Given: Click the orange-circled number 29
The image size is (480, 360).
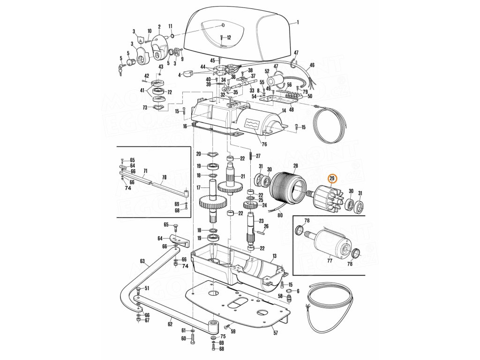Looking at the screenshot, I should click(x=332, y=178).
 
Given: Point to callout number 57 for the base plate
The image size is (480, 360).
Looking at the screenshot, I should click(x=276, y=333).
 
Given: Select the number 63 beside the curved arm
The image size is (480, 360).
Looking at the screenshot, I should click(x=142, y=261).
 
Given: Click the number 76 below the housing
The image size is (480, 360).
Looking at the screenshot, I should click(x=264, y=144).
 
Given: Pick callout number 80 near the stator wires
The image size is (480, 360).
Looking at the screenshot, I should click(x=280, y=216).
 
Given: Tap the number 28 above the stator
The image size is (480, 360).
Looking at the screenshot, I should click(x=296, y=165).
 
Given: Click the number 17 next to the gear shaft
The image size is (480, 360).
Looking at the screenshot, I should click(x=198, y=187).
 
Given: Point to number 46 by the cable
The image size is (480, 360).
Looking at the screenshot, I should click(x=312, y=65).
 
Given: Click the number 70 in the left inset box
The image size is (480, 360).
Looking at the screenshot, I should click(x=164, y=178).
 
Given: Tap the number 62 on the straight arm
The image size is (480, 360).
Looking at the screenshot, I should click(x=170, y=323).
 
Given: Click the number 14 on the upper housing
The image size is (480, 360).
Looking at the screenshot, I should click(x=283, y=111).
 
